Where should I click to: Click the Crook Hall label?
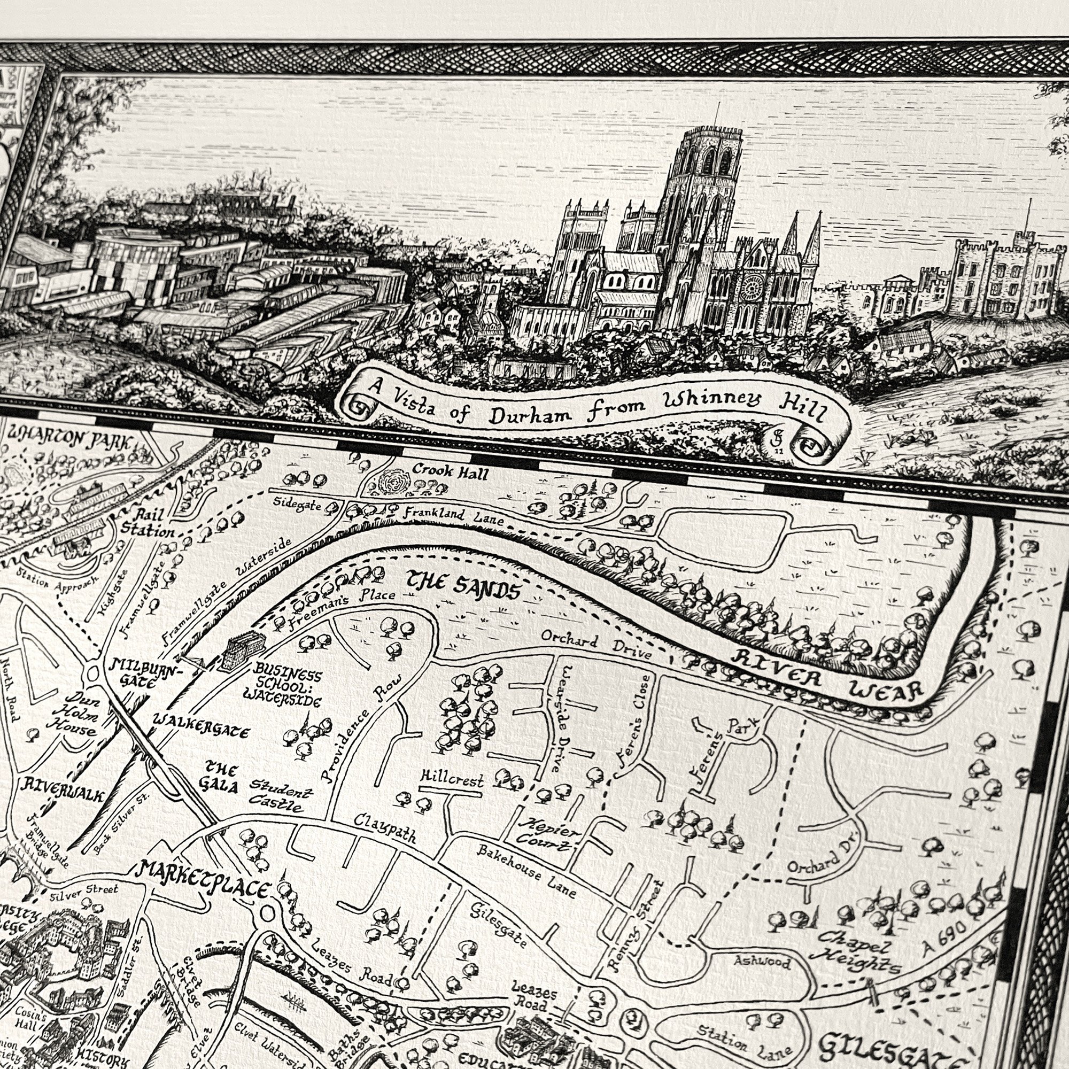click(x=450, y=472)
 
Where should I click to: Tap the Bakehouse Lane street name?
click(x=527, y=870)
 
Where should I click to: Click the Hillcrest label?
click(x=452, y=780)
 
